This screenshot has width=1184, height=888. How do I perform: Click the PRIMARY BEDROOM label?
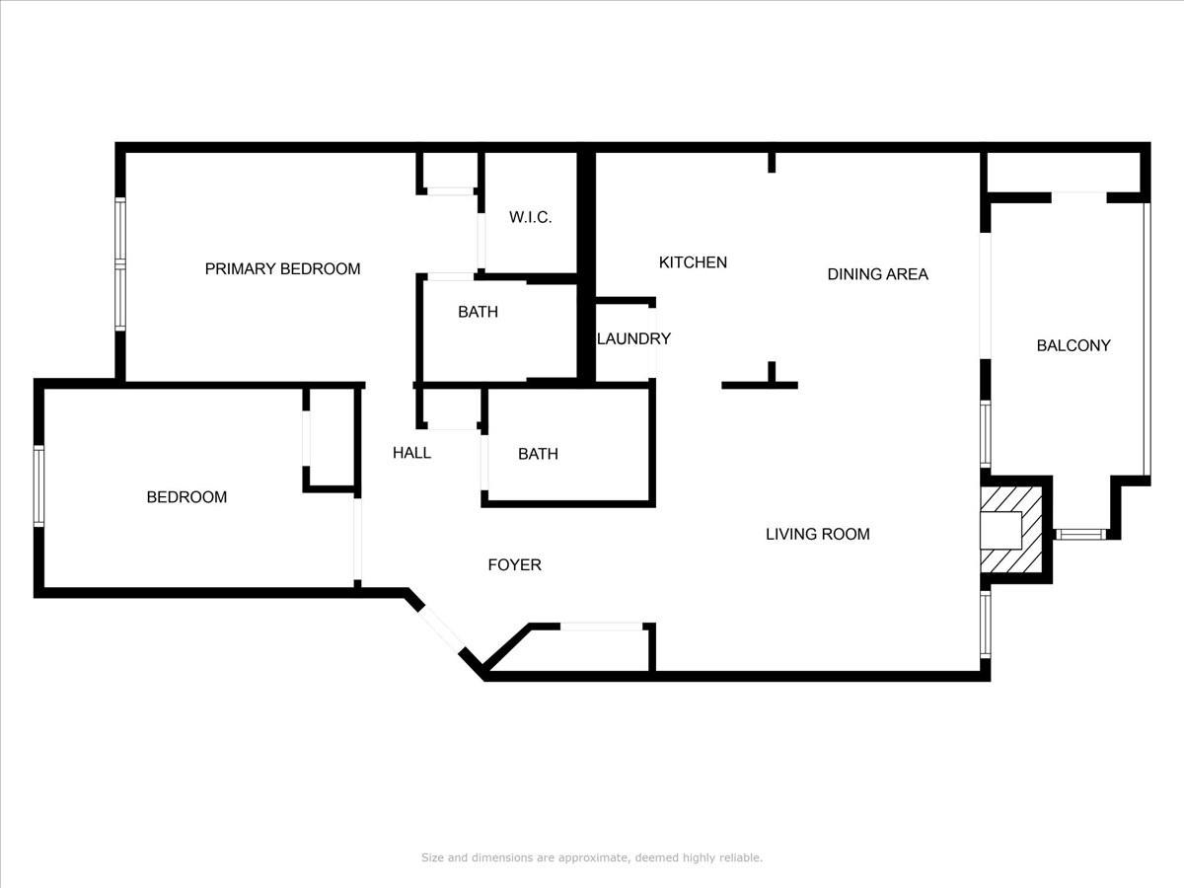click(x=282, y=268)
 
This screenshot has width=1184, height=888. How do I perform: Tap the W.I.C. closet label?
click(x=530, y=217)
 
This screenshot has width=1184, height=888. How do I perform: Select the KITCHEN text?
click(x=693, y=262)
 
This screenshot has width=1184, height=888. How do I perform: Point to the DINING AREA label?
click(x=877, y=274)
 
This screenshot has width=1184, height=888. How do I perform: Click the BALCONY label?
click(x=1073, y=345)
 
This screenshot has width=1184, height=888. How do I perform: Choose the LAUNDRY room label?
click(x=633, y=338)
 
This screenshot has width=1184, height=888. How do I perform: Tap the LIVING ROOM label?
click(x=818, y=534)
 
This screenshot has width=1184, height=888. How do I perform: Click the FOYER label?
click(x=514, y=564)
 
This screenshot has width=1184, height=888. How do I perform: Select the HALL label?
click(x=411, y=453)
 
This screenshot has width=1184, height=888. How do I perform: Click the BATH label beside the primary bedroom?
click(x=478, y=312)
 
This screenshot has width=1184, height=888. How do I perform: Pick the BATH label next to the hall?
click(x=538, y=454)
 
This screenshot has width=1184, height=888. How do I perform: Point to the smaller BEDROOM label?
click(x=186, y=497)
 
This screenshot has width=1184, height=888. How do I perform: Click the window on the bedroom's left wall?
click(x=39, y=485)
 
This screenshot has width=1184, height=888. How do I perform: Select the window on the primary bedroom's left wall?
click(x=120, y=263)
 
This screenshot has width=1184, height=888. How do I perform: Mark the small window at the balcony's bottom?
click(x=1079, y=534)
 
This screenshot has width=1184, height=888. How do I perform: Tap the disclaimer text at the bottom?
click(x=592, y=857)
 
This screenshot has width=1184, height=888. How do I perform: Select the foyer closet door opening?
click(x=601, y=626)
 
